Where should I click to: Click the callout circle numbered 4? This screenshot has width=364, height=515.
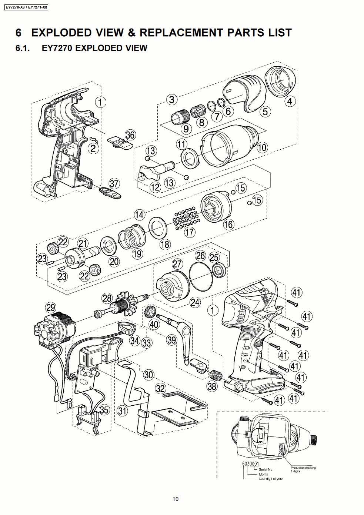click(x=290, y=101)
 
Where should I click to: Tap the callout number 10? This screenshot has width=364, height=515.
click(x=262, y=147)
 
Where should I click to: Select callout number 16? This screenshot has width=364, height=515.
click(x=228, y=224)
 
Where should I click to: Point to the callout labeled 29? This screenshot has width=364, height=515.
click(x=51, y=307)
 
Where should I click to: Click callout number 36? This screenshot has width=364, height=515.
click(x=130, y=135)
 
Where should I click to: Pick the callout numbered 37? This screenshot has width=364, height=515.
click(x=114, y=183)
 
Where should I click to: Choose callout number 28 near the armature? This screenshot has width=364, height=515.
click(x=107, y=298)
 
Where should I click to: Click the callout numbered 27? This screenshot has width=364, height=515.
click(x=178, y=264)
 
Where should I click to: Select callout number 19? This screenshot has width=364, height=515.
click(x=137, y=254)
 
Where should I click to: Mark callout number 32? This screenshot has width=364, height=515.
click(x=160, y=388)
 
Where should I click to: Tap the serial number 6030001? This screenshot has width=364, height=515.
click(x=250, y=463)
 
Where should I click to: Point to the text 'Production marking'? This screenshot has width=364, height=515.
click(x=303, y=468)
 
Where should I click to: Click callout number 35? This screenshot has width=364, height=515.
click(x=104, y=410)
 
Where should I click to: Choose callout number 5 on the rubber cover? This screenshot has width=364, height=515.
click(x=266, y=111)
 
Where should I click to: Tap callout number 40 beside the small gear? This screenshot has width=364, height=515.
click(x=154, y=324)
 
